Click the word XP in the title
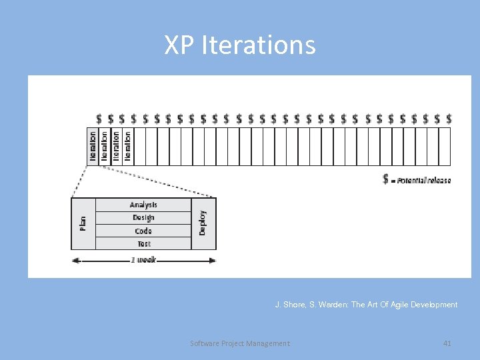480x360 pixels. click(178, 45)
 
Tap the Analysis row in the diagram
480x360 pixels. click(143, 205)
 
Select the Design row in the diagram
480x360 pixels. click(143, 217)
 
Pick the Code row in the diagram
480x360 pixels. click(143, 231)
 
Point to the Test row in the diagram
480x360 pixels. click(143, 243)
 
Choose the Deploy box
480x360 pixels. click(203, 223)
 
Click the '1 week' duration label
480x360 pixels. click(143, 259)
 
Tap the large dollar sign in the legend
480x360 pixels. click(386, 179)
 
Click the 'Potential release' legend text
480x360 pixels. click(424, 181)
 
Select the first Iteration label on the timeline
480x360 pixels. click(93, 145)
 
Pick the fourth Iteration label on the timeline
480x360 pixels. click(127, 145)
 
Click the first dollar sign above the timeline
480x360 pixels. click(99, 119)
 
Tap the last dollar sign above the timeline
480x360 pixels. click(449, 119)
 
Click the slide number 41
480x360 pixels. click(447, 343)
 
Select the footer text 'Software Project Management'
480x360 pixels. click(240, 343)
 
